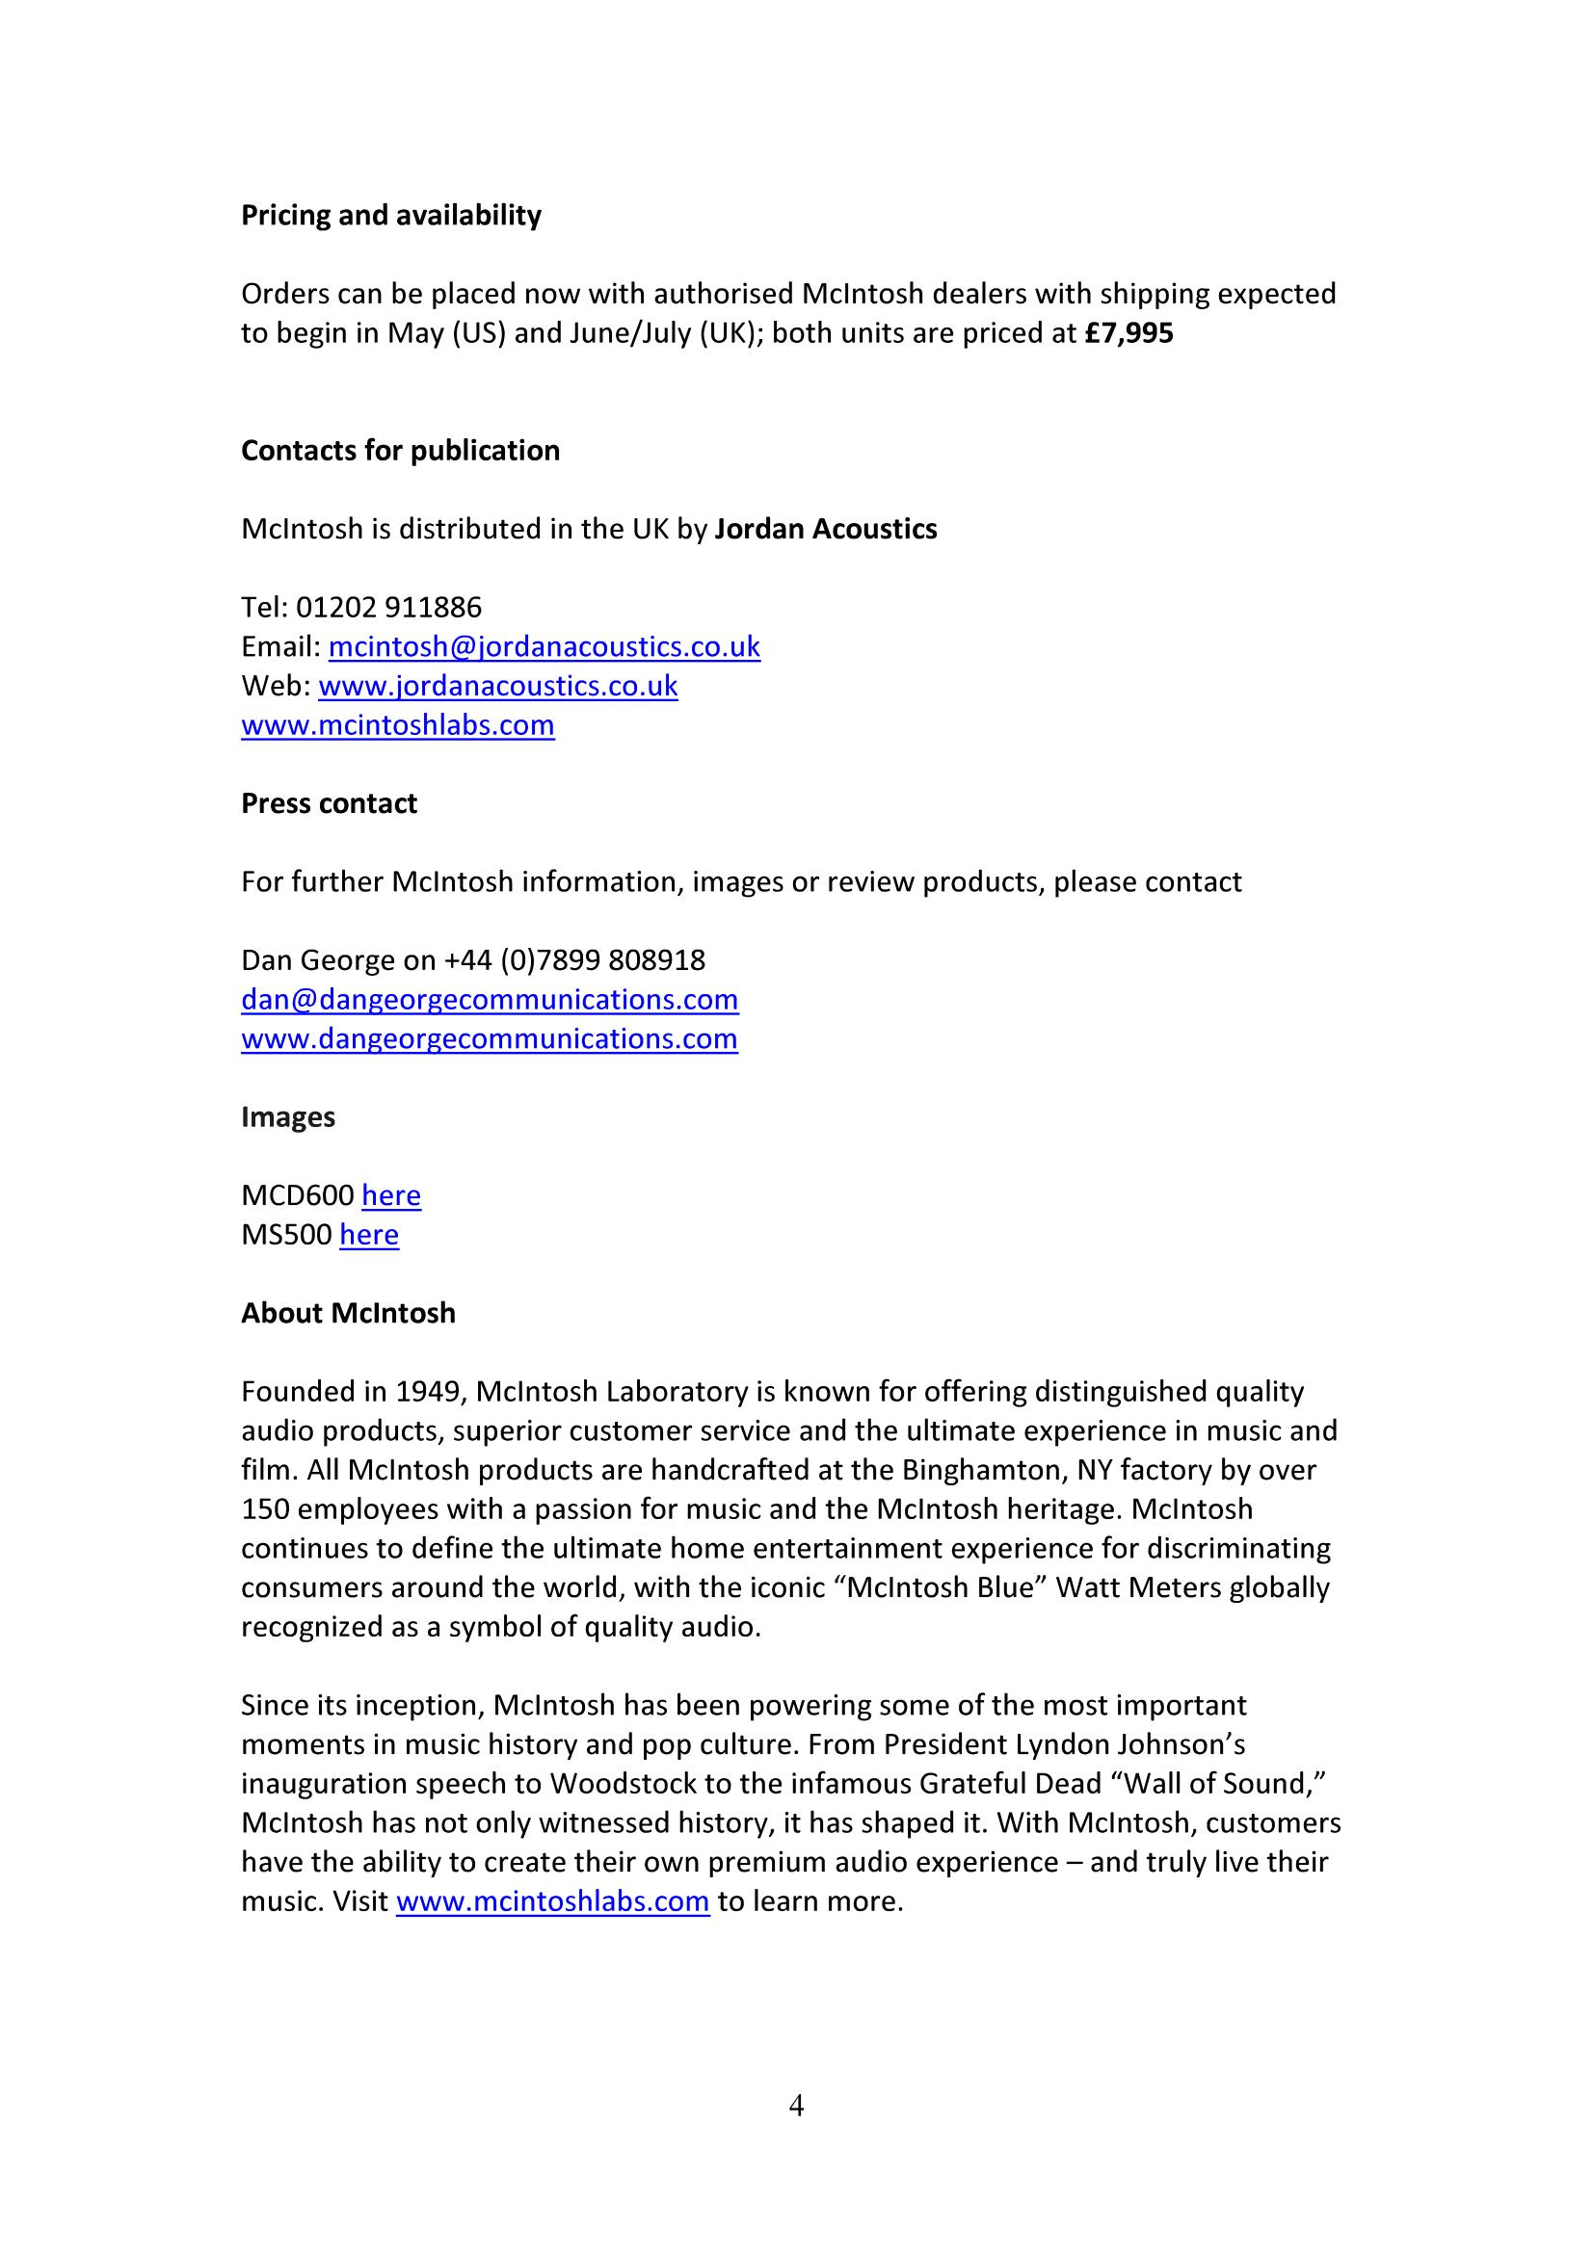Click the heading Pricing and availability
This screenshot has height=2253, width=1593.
390,215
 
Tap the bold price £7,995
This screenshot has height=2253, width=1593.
1128,333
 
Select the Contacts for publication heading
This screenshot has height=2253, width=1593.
401,451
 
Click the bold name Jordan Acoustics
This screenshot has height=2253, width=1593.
826,529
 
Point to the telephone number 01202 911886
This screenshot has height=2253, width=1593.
388,608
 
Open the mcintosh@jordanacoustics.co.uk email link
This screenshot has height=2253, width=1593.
544,646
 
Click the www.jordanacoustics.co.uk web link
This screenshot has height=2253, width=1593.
497,686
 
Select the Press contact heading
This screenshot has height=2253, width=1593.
329,803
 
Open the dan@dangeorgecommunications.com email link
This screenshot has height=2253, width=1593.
490,999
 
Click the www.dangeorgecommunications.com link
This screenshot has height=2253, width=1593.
490,1038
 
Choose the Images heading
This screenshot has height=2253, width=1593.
287,1116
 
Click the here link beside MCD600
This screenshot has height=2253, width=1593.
390,1195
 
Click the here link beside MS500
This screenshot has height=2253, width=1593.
369,1235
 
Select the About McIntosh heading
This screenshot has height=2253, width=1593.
349,1313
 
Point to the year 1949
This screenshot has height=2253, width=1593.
431,1392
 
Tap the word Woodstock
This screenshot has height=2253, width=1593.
621,1783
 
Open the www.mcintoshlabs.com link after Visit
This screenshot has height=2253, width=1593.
552,1900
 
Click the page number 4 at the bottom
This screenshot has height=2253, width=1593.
796,2106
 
